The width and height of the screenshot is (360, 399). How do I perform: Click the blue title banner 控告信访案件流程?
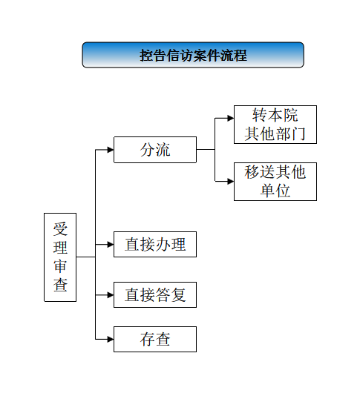[x=193, y=55]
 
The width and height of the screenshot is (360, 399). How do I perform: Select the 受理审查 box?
[x=60, y=257]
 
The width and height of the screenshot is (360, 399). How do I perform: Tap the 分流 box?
[x=155, y=150]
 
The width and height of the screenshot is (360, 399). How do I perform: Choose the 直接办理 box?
[x=155, y=244]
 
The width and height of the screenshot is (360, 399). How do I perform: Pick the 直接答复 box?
[x=155, y=294]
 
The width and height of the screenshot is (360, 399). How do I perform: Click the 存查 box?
[x=155, y=339]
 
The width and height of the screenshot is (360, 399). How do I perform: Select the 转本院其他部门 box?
[x=275, y=125]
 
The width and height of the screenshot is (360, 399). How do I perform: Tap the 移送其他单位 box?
[x=275, y=182]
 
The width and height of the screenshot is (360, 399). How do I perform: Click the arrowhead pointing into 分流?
[x=111, y=150]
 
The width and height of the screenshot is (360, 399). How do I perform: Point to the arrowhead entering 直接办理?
[x=111, y=245]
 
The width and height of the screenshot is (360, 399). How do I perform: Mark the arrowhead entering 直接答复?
[x=111, y=295]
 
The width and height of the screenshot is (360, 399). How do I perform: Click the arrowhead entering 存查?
[x=111, y=339]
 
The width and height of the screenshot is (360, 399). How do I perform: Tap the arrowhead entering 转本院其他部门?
[x=231, y=118]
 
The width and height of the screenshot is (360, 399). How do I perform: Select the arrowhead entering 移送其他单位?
[x=231, y=182]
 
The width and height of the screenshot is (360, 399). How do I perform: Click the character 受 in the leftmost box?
[x=60, y=228]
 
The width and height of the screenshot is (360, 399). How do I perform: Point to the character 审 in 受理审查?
[x=60, y=266]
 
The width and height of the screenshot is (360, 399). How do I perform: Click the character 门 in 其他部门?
[x=298, y=133]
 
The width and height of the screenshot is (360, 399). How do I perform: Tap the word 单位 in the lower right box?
[x=275, y=191]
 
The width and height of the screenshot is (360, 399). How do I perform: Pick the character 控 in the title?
[x=146, y=55]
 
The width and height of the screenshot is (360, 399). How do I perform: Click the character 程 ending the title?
[x=240, y=55]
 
